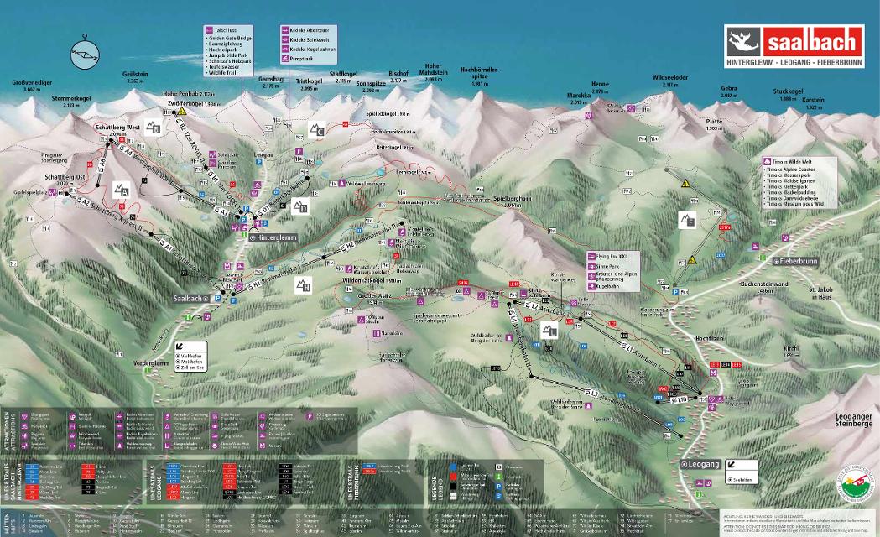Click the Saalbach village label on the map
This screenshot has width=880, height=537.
coord(188,298)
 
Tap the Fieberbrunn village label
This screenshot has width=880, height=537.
coord(797,261)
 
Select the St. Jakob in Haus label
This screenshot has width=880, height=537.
coord(823,293)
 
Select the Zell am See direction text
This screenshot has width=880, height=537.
coord(194,367)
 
